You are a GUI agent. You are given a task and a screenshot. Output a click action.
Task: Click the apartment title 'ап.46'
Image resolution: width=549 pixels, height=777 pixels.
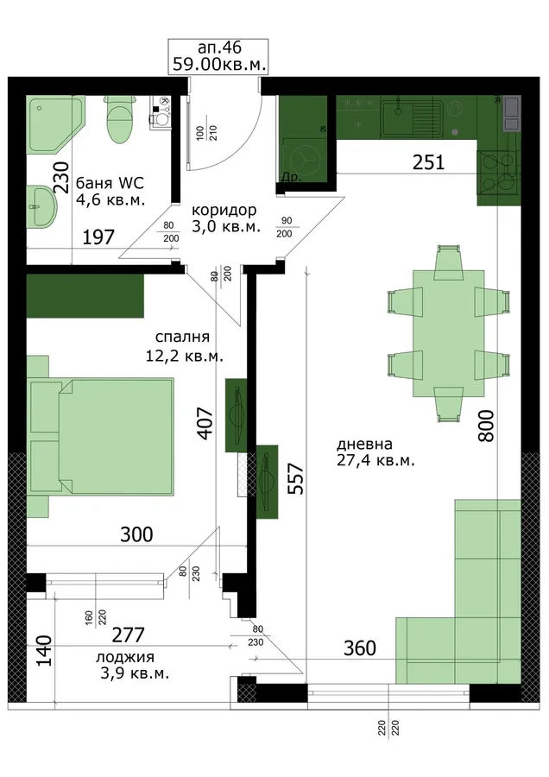[x=219, y=47]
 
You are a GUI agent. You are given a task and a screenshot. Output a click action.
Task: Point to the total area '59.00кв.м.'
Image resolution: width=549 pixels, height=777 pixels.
[x=219, y=64]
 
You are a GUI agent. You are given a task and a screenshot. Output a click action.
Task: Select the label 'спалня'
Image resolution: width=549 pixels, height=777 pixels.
[x=182, y=337]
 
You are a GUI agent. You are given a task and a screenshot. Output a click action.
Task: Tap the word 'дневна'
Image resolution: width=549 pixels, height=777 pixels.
[x=364, y=444]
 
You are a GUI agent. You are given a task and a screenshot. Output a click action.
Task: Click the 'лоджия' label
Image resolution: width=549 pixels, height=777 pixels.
[x=125, y=658]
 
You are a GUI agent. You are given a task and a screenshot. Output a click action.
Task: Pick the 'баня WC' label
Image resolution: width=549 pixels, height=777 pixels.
[x=110, y=183]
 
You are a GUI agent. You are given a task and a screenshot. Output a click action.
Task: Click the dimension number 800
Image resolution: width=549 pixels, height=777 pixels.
[x=486, y=426]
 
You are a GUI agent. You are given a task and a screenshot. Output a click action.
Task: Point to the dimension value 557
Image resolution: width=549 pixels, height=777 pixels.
[x=296, y=478]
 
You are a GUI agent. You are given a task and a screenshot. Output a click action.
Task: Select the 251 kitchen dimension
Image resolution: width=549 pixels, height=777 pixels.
[x=429, y=162]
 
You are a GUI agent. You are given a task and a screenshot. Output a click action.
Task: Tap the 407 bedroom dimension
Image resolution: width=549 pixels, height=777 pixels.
[x=205, y=422]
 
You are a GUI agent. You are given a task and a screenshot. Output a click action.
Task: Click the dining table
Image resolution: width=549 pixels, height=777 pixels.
[x=449, y=333]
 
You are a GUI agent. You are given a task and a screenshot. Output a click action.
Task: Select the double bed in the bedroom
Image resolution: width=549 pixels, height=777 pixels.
[x=101, y=437]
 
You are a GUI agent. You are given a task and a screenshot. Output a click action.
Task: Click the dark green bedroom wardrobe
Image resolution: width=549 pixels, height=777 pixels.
[x=85, y=296]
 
